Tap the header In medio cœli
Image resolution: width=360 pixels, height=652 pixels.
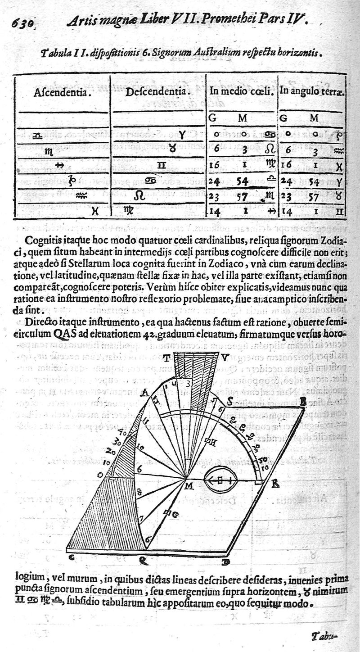(x=242, y=91)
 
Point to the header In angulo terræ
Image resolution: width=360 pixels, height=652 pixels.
(x=312, y=91)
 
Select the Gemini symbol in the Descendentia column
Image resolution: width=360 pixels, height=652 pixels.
(x=161, y=165)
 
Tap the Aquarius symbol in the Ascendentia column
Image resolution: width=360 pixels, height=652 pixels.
(x=81, y=195)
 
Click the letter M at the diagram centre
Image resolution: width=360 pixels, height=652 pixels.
(x=189, y=485)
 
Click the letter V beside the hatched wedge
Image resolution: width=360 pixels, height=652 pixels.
(x=225, y=358)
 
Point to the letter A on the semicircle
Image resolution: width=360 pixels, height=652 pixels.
(x=144, y=393)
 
